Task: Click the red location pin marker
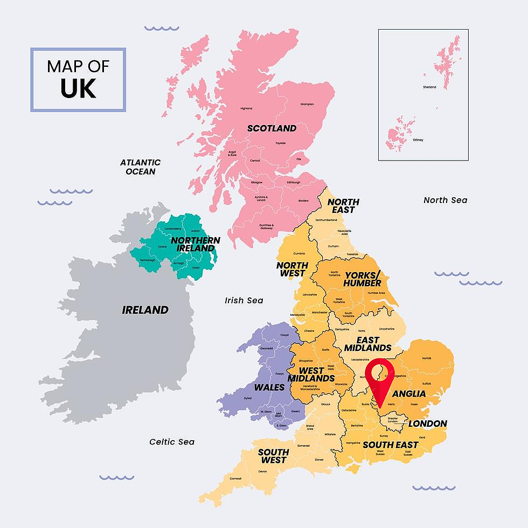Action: pyautogui.click(x=380, y=378)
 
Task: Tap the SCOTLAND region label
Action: pyautogui.click(x=272, y=128)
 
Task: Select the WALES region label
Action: pyautogui.click(x=269, y=387)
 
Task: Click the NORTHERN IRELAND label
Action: pyautogui.click(x=196, y=244)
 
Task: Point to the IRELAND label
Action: pyautogui.click(x=145, y=310)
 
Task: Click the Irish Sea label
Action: pyautogui.click(x=244, y=300)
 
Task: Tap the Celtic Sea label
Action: pyautogui.click(x=172, y=442)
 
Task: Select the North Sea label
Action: pyautogui.click(x=445, y=200)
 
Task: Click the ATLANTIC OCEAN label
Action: pyautogui.click(x=140, y=167)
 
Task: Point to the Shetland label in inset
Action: pyautogui.click(x=429, y=87)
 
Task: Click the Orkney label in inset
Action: pyautogui.click(x=418, y=140)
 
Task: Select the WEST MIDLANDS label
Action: pyautogui.click(x=311, y=374)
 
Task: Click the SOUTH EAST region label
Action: pyautogui.click(x=390, y=445)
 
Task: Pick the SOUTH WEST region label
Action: pyautogui.click(x=273, y=456)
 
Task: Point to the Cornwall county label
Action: pyautogui.click(x=235, y=478)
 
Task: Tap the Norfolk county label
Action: pyautogui.click(x=426, y=358)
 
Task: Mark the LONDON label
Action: pyautogui.click(x=427, y=423)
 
